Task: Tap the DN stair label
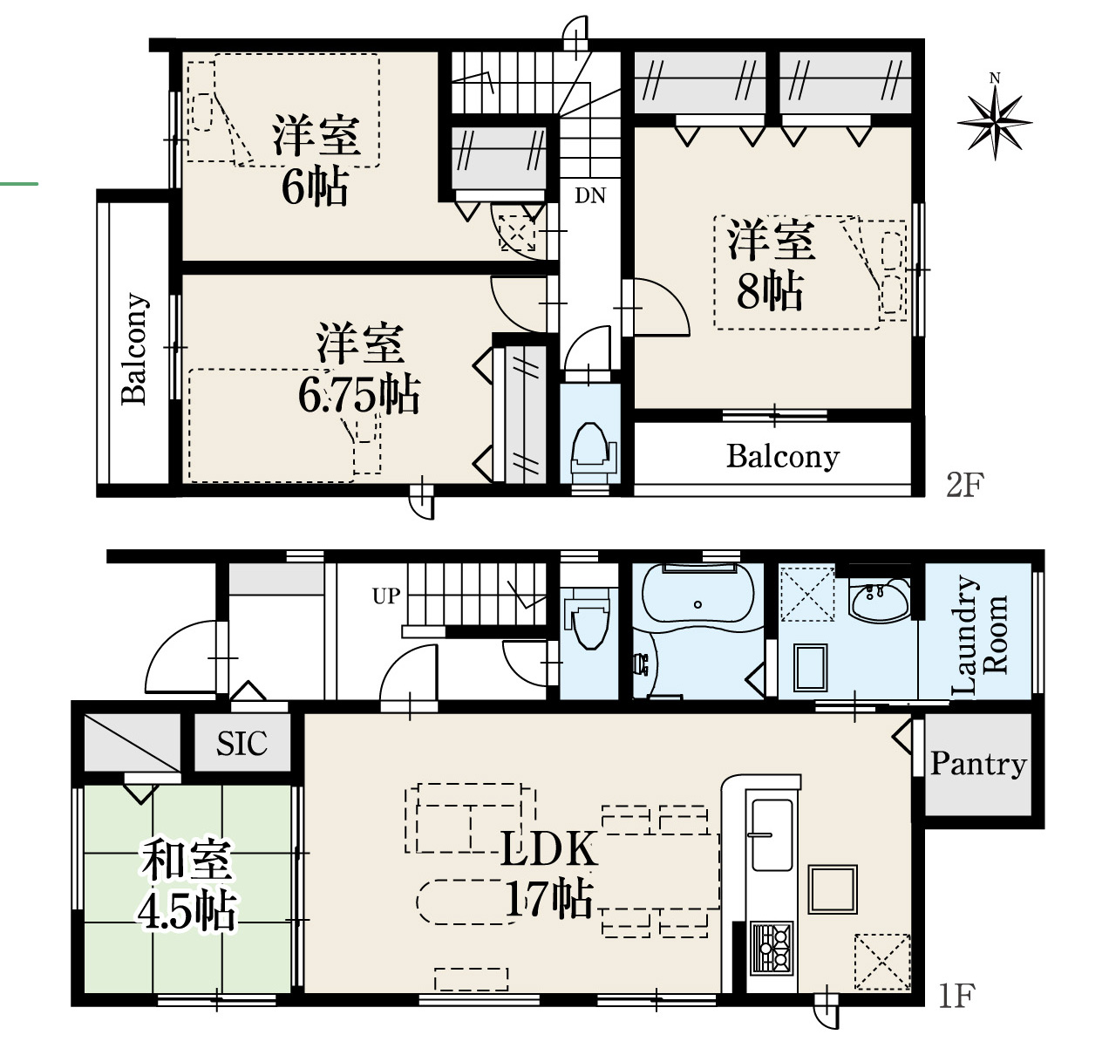[590, 195]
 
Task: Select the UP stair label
[386, 596]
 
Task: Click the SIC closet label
[242, 744]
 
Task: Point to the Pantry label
[978, 765]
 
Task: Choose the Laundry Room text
[978, 635]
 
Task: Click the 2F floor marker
[965, 485]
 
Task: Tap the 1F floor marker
[956, 996]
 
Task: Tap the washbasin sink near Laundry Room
[880, 600]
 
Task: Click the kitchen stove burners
[772, 949]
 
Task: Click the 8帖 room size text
[769, 290]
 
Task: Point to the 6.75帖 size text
[359, 394]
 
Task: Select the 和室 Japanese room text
[187, 861]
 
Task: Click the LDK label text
[549, 849]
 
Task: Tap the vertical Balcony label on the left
[134, 349]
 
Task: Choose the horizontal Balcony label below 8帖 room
[782, 457]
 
